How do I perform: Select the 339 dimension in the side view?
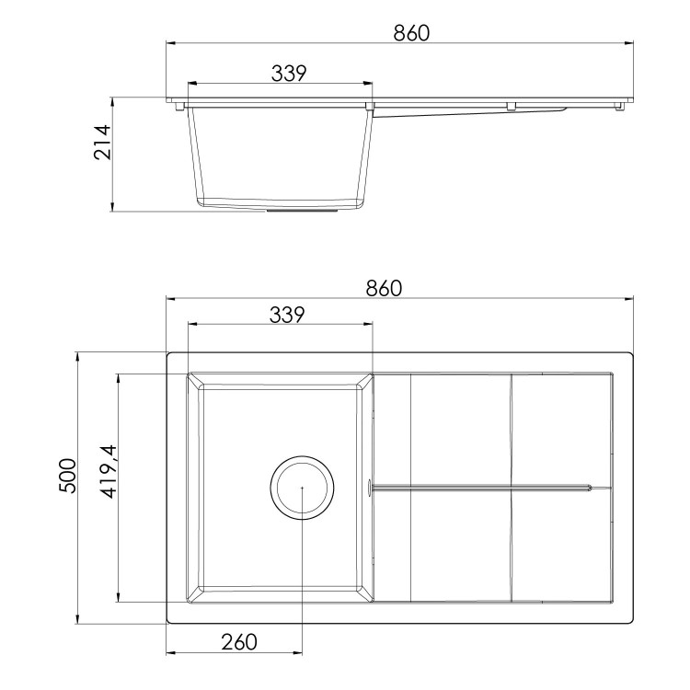(x=288, y=73)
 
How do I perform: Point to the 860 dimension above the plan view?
(x=384, y=287)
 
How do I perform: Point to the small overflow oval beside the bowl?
(x=371, y=488)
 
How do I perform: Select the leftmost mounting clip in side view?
(x=178, y=106)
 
